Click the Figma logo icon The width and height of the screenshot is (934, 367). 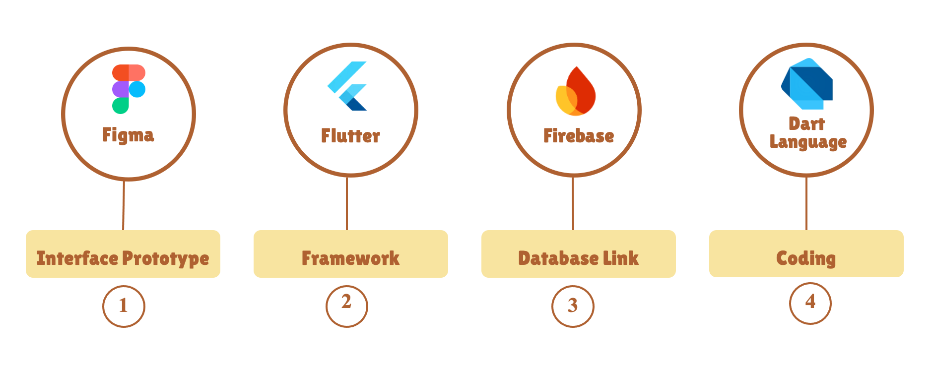click(129, 89)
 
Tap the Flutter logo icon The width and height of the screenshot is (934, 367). click(347, 86)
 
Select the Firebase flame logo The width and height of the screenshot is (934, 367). click(576, 91)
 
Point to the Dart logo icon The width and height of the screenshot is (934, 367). click(807, 84)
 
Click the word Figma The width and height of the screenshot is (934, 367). click(128, 135)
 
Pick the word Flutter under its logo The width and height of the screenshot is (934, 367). click(350, 136)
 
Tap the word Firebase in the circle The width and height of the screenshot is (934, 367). click(579, 136)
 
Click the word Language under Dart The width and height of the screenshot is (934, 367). click(808, 142)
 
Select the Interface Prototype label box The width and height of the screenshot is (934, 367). click(123, 254)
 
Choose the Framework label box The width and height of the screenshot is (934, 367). click(351, 254)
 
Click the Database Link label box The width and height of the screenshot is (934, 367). click(579, 254)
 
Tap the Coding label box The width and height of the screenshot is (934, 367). click(806, 254)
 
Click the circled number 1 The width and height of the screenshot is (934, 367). click(124, 306)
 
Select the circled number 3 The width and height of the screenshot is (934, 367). click(573, 306)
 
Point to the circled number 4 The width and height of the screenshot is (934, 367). click(810, 303)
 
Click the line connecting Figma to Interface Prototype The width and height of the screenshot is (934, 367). click(124, 205)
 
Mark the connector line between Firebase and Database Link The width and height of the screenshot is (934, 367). click(573, 203)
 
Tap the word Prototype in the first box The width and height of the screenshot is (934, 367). click(166, 258)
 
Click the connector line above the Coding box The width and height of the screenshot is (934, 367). click(806, 203)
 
